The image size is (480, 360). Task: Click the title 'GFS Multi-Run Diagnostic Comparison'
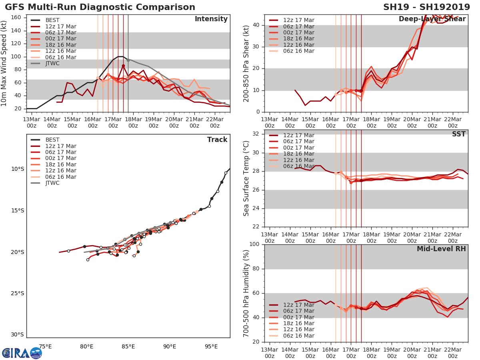(100, 7)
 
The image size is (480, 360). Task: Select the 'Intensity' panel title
(211, 19)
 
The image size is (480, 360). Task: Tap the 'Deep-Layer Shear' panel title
(432, 19)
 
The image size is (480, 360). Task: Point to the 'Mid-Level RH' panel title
(441, 249)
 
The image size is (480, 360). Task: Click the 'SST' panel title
(459, 134)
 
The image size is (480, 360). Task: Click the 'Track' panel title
(217, 140)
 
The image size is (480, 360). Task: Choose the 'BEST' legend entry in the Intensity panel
(52, 20)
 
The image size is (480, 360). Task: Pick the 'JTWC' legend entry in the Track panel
(52, 183)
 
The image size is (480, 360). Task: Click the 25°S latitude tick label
(18, 293)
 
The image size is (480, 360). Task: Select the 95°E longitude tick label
(211, 346)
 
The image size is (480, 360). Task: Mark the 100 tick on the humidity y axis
(255, 244)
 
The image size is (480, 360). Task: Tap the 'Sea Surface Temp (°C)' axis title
(246, 178)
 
